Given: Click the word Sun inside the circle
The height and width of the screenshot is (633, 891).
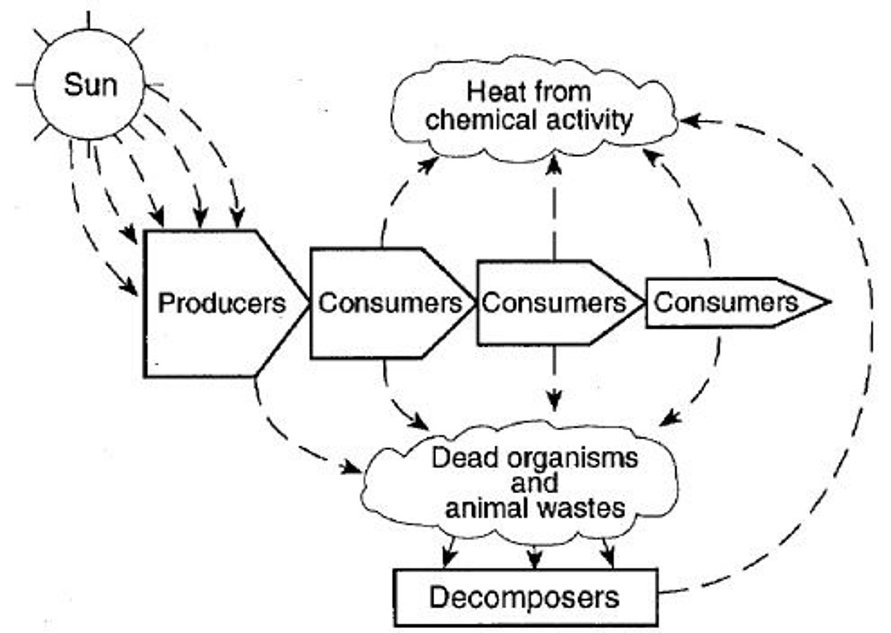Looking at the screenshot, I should coord(90,85).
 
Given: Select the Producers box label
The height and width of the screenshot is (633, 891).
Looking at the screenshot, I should coord(222,303).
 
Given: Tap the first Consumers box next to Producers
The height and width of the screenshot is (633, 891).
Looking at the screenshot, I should coord(389,303).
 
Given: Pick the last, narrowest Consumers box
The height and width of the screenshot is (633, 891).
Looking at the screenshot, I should coord(725,302).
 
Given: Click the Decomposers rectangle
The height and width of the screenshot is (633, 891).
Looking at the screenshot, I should coord(525,597).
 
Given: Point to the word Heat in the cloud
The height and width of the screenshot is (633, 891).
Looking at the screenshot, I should coord(491,92).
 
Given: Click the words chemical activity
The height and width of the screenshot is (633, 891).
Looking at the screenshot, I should coord(529,119).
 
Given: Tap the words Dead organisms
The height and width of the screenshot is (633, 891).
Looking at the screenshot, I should coord(534,458).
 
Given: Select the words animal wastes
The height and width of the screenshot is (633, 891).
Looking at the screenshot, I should coord(535,508).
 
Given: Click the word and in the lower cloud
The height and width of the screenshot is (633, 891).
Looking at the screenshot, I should coord(534,483).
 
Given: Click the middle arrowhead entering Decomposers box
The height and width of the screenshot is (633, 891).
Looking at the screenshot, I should coord(535,561).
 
